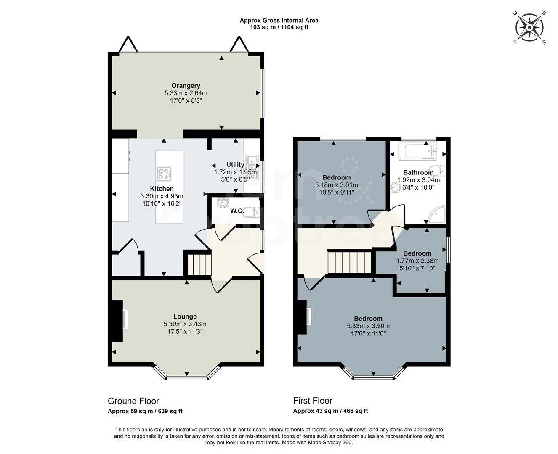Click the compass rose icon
[529, 28]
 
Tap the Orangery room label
[186, 86]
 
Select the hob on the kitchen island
[164, 174]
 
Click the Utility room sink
[252, 167]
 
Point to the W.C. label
[237, 211]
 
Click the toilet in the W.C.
[252, 212]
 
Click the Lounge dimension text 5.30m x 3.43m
[185, 324]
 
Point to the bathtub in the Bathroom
[418, 151]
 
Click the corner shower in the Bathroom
[437, 214]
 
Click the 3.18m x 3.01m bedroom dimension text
[336, 185]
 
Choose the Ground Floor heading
[133, 401]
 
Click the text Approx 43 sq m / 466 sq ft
[330, 411]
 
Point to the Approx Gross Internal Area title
[279, 21]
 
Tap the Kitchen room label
[162, 189]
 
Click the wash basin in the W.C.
[223, 203]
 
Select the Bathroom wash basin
[395, 187]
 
